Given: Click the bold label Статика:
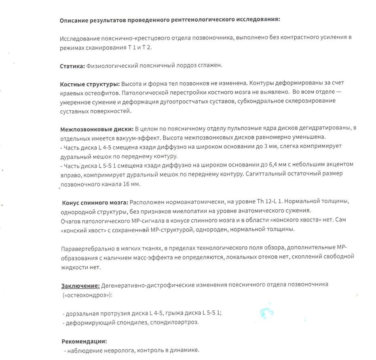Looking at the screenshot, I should [72, 65].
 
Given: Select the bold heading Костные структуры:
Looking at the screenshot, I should [90, 83].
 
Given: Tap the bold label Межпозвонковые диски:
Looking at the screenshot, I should [97, 129].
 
